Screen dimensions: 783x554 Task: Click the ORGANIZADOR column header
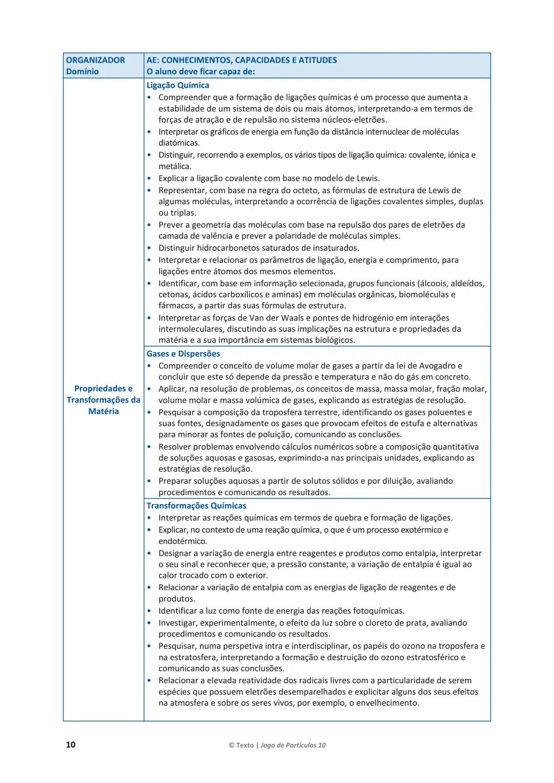tap(95, 60)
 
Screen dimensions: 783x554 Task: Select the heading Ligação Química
tap(177, 85)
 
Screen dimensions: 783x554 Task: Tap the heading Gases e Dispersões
tap(183, 354)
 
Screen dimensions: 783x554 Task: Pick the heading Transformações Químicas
tap(196, 506)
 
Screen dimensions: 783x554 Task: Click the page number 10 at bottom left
tap(71, 745)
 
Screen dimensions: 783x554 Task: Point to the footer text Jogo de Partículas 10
tap(293, 745)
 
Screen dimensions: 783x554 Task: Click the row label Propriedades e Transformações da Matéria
tap(103, 400)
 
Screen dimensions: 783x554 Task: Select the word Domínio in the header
tap(82, 71)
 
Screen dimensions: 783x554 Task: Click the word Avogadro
tap(437, 366)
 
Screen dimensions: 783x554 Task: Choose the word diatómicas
tap(179, 143)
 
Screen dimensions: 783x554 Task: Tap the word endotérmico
tap(183, 541)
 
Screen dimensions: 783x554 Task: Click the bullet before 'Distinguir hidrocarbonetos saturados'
tap(149, 248)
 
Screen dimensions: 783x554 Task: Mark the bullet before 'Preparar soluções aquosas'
tap(149, 481)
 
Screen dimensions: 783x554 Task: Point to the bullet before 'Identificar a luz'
tap(149, 611)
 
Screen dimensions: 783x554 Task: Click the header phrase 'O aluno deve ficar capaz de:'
tap(201, 71)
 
